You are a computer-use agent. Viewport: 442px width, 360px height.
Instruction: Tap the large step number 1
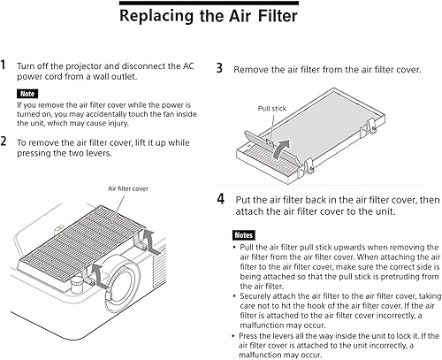click(4, 65)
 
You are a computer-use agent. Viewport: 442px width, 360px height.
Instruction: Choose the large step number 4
click(221, 199)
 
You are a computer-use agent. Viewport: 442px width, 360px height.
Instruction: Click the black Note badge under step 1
click(27, 93)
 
